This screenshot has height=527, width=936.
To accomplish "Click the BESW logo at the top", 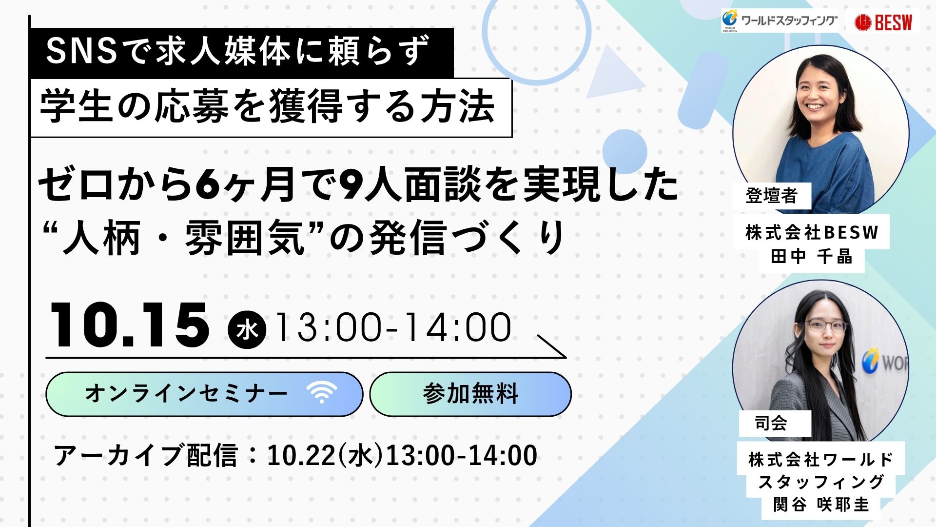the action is (x=883, y=22).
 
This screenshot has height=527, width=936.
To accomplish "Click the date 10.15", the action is (x=130, y=325).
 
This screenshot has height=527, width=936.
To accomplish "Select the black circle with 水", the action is (x=247, y=330).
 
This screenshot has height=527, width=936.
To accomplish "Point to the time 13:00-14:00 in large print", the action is (x=393, y=327).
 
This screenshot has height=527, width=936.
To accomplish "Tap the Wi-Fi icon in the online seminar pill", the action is (x=322, y=392).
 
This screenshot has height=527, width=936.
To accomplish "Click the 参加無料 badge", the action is (x=470, y=394).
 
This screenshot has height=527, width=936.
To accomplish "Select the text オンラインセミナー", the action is (x=186, y=394).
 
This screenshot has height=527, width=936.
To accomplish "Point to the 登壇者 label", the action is (x=772, y=196).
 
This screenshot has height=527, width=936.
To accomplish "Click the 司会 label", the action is (x=771, y=423).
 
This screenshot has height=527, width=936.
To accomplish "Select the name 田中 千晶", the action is (x=812, y=256).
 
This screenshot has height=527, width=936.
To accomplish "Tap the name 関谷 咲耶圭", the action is (x=821, y=505).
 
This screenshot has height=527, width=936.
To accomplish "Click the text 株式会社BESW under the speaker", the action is (x=812, y=232).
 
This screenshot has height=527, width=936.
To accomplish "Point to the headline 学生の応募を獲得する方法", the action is (x=268, y=107).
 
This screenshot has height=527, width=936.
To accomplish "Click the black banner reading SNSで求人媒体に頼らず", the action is (x=242, y=53).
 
